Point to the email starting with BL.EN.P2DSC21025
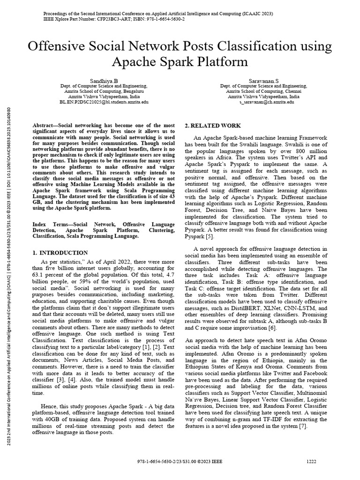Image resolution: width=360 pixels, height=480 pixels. coord(104,102)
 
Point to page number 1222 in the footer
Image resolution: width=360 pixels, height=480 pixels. coord(311,461)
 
